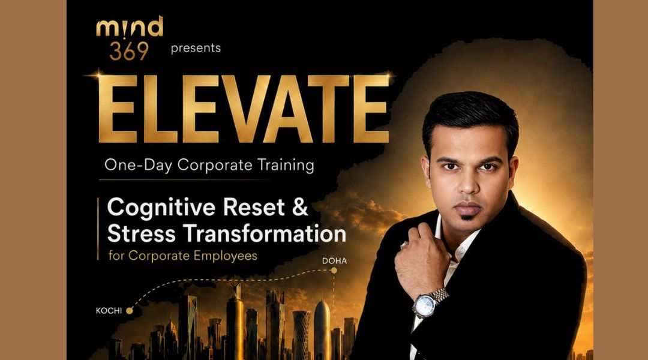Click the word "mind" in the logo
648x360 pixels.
click(130, 27)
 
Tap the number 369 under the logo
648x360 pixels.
click(129, 51)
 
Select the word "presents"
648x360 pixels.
click(196, 49)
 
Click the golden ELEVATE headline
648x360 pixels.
click(244, 109)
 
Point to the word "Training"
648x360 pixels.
click(286, 165)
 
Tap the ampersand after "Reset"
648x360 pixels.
click(300, 206)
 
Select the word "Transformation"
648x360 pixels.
click(265, 233)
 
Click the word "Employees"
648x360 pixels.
click(225, 256)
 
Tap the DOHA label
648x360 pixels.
click(334, 261)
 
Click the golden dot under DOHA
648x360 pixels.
click(334, 271)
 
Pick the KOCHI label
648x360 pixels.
click(109, 311)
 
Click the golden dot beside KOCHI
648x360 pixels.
click(130, 311)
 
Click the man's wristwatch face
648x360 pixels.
click(424, 305)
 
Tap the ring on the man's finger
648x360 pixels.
click(403, 245)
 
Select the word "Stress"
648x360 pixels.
click(142, 233)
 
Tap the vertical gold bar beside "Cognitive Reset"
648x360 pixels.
click(98, 229)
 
